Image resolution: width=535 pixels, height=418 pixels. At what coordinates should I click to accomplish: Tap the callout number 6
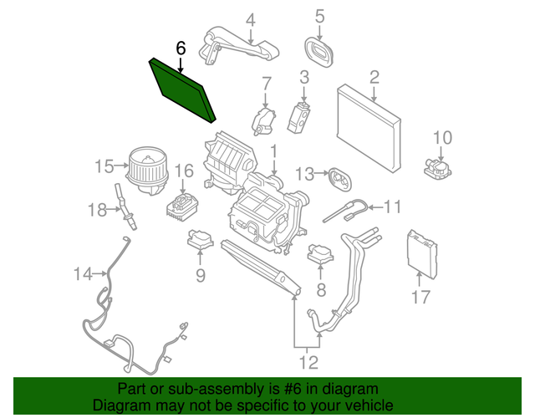[180, 48]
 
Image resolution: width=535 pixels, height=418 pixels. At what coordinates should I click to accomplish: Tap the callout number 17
[421, 296]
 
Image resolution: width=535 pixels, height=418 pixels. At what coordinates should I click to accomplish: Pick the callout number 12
[309, 362]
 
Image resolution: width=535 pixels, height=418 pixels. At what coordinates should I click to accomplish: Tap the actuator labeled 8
[321, 253]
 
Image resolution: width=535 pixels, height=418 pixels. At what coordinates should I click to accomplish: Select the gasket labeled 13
[337, 178]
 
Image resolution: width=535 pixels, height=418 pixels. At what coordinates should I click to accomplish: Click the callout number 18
[98, 209]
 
